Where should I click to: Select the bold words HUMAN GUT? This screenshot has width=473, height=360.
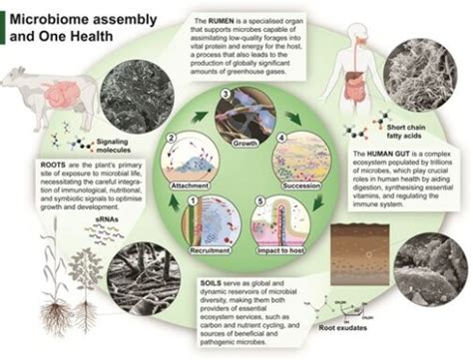369,155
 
